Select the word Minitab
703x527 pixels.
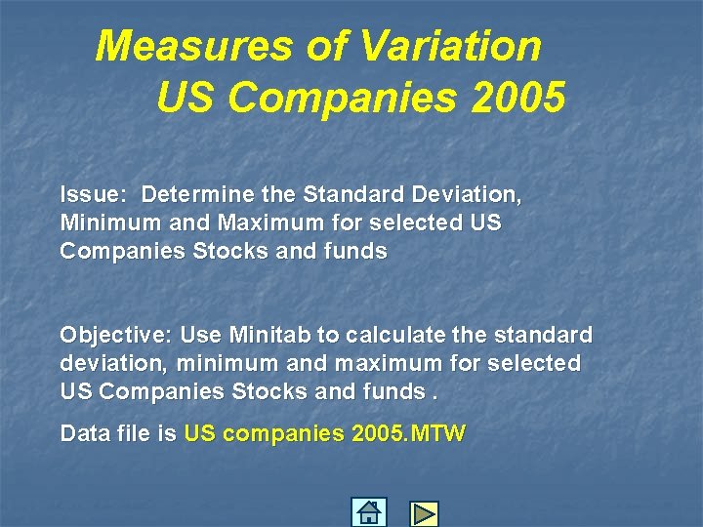click(270, 336)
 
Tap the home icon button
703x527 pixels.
click(369, 512)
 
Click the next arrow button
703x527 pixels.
click(424, 513)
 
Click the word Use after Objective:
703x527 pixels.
click(201, 336)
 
